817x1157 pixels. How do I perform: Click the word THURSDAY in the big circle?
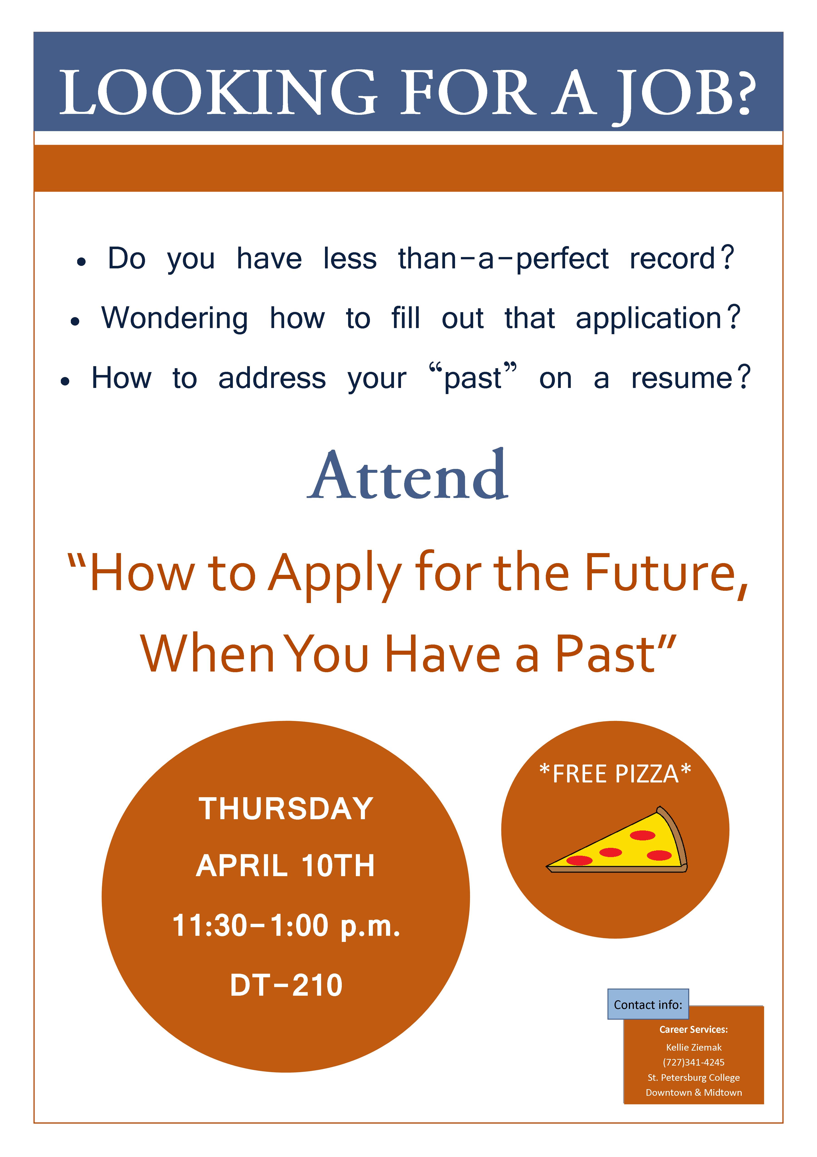pyautogui.click(x=286, y=809)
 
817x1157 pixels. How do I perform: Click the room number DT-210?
pyautogui.click(x=286, y=986)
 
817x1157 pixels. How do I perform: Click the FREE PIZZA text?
pyautogui.click(x=615, y=774)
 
